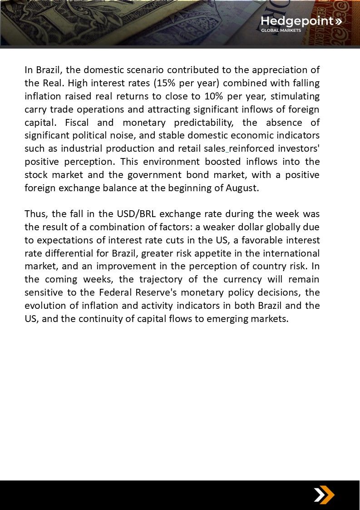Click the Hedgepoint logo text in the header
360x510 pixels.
click(297, 21)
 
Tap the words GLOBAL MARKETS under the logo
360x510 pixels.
click(281, 30)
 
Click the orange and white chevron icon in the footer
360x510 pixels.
click(324, 495)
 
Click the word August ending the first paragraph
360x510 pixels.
click(241, 188)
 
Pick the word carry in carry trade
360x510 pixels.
click(35, 109)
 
